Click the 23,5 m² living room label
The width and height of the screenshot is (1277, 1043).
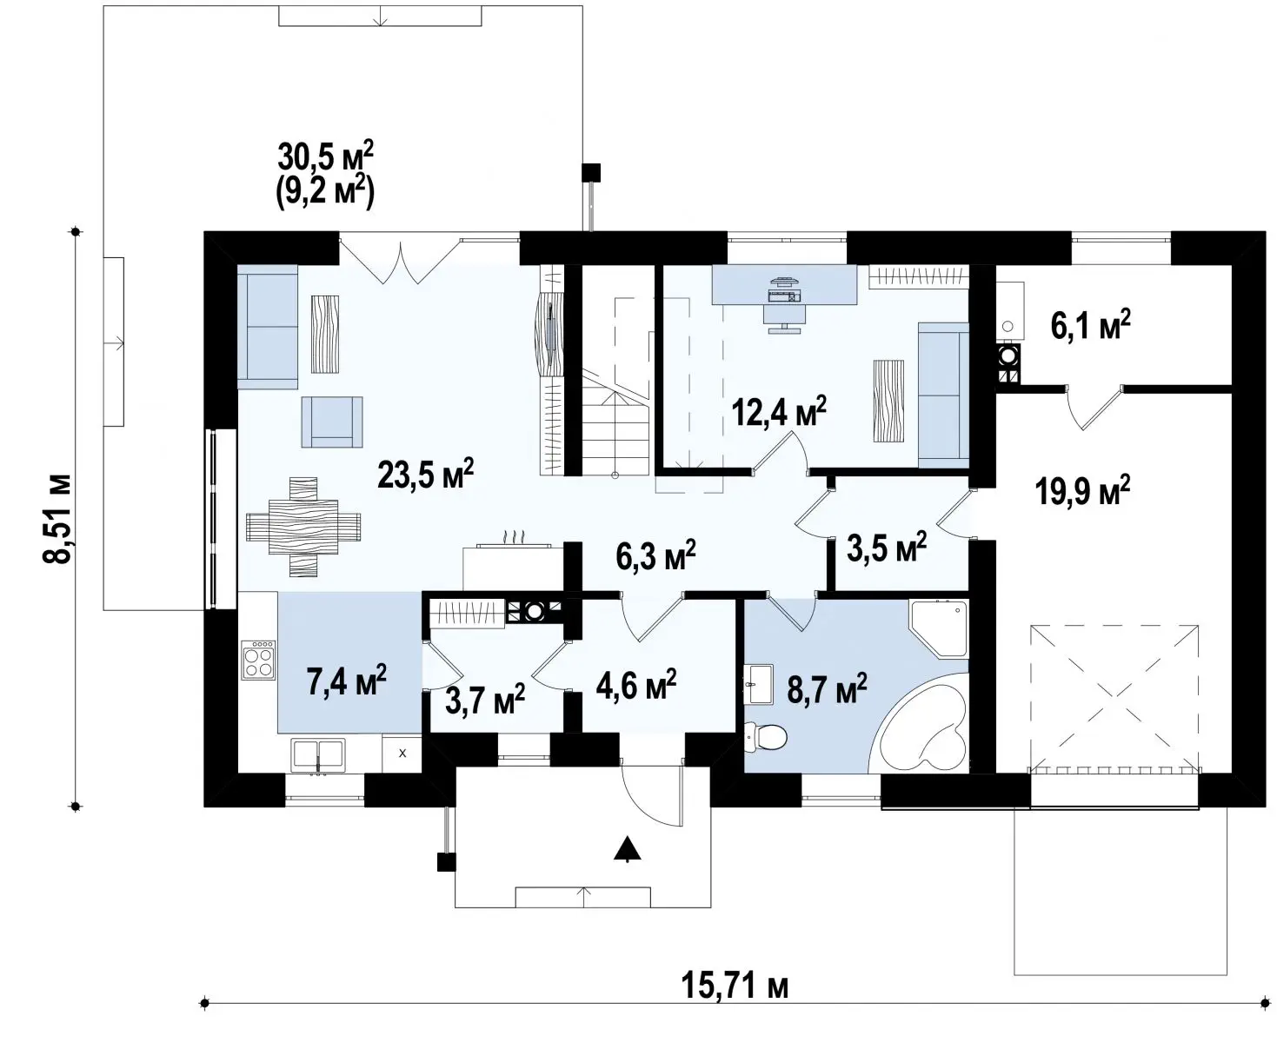pyautogui.click(x=425, y=474)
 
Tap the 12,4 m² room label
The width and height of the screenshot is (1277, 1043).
pyautogui.click(x=779, y=412)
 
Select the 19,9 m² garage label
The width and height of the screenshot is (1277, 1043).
pyautogui.click(x=1082, y=489)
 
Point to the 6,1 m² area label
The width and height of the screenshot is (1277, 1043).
pyautogui.click(x=1090, y=326)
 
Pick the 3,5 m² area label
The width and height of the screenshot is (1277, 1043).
pyautogui.click(x=887, y=548)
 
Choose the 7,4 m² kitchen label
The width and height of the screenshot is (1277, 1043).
pyautogui.click(x=346, y=681)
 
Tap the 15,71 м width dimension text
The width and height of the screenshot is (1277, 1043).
pyautogui.click(x=735, y=987)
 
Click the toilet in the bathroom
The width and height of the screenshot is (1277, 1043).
pyautogui.click(x=765, y=737)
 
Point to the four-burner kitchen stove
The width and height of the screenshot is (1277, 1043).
pyautogui.click(x=258, y=660)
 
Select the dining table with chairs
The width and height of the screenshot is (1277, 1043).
pyautogui.click(x=303, y=527)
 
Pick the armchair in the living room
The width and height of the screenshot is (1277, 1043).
pyautogui.click(x=332, y=422)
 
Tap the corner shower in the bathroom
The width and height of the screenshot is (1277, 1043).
pyautogui.click(x=939, y=628)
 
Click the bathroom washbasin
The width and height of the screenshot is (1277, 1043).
pyautogui.click(x=758, y=684)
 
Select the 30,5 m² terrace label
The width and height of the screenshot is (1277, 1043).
pyautogui.click(x=326, y=158)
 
